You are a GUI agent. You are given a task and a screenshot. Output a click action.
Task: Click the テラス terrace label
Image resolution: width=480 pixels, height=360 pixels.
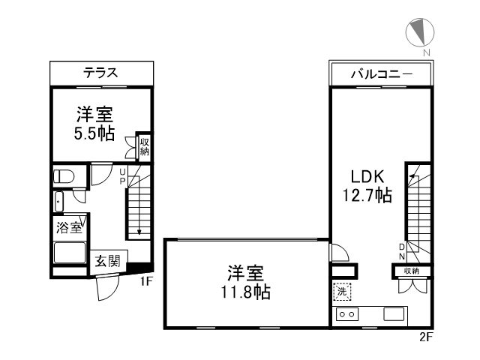(100, 73)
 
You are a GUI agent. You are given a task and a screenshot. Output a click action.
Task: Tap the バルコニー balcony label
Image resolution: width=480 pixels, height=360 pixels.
(380, 73)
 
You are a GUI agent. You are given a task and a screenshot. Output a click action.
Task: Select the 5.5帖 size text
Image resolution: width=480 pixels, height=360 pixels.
(94, 134)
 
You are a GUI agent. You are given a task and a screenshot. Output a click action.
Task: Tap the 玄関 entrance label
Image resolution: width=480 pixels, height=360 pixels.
(106, 262)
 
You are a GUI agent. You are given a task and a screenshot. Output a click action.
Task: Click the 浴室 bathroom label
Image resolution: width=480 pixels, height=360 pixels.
(69, 224)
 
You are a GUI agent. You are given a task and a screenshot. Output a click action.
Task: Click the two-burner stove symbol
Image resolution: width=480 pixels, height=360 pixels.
(347, 313)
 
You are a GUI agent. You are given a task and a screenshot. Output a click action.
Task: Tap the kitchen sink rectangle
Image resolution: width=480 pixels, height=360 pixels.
(394, 313)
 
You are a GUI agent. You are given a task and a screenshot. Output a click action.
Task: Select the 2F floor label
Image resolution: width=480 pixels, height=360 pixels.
(426, 337)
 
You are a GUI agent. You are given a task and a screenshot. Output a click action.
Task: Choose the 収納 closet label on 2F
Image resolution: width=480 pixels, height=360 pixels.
(411, 271)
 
